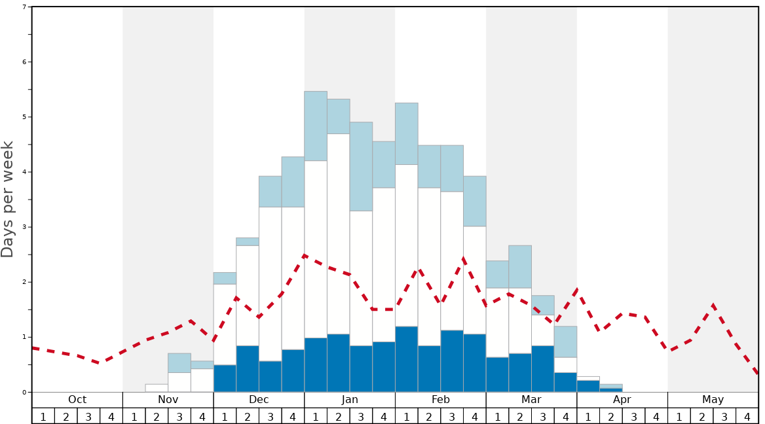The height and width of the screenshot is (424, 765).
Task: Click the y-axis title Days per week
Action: tap(8, 200)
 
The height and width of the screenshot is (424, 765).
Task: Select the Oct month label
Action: tap(77, 400)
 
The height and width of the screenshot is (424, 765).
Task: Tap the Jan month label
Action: tap(350, 400)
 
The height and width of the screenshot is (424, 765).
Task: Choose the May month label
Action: tap(713, 400)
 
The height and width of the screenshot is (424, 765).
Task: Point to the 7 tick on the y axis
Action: tap(24, 7)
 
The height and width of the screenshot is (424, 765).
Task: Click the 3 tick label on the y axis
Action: tap(24, 227)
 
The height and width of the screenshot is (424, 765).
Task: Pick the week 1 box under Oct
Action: tap(43, 416)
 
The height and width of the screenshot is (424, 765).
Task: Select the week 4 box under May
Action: tap(747, 416)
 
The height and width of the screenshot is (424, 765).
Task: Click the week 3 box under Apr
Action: tap(634, 416)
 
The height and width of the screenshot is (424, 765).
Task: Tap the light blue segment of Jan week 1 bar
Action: tap(316, 126)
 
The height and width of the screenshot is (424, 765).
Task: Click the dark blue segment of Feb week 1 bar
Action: tap(407, 359)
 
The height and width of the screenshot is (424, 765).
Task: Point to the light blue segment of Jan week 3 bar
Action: tap(361, 166)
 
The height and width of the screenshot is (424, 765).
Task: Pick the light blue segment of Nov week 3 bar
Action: tap(179, 362)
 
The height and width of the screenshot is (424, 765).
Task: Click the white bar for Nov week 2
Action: tap(157, 388)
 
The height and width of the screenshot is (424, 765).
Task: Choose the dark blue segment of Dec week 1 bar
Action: tap(225, 378)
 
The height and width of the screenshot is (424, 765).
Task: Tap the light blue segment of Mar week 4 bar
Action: tap(565, 342)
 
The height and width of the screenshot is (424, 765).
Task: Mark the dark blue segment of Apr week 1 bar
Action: tap(588, 386)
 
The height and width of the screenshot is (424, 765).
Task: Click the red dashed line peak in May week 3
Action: tap(713, 306)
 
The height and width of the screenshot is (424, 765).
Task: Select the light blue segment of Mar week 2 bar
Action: tap(520, 267)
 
